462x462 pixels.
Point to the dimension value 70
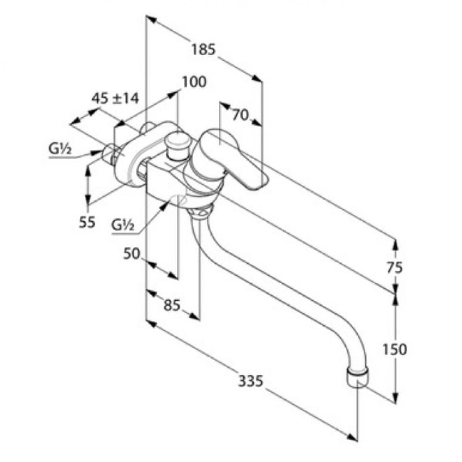tap(240, 116)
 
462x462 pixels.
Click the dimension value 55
tap(87, 222)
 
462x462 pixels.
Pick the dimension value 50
tap(132, 254)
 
